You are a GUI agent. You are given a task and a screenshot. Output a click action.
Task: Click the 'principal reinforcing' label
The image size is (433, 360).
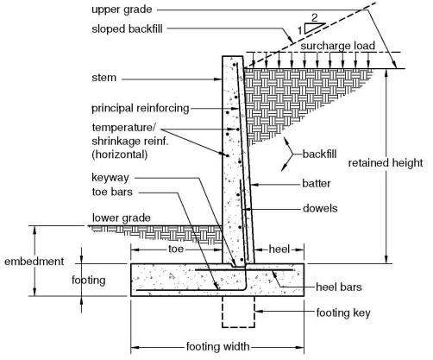140,109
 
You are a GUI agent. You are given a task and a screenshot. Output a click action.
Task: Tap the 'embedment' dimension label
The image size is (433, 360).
32,260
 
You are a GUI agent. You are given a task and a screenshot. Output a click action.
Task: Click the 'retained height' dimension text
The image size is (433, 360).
386,162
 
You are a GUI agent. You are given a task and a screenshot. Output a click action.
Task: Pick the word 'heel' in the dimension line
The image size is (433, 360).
278,247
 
